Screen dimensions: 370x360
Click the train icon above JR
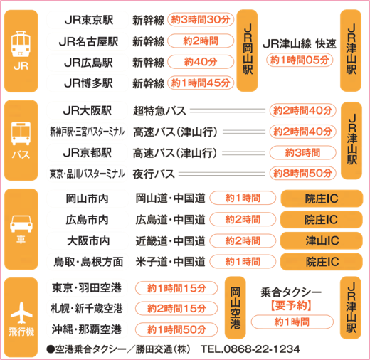click(x=21, y=44)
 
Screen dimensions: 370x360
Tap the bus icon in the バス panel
click(x=21, y=134)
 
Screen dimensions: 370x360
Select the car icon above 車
click(x=21, y=223)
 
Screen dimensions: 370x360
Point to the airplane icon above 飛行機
click(x=21, y=312)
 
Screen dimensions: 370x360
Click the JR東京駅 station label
click(x=88, y=20)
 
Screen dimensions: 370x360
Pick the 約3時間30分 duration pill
click(x=201, y=20)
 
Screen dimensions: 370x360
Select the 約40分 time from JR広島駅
click(x=201, y=62)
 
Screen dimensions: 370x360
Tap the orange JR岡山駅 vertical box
click(x=247, y=51)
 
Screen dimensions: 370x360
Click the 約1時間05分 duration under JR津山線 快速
click(x=300, y=60)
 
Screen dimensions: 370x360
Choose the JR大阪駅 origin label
click(x=88, y=111)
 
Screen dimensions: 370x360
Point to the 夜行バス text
click(x=154, y=174)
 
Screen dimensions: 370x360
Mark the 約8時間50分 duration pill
click(x=302, y=174)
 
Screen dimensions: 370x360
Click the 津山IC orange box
click(x=322, y=240)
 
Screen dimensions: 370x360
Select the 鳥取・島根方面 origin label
click(x=88, y=262)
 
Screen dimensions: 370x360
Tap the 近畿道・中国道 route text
click(x=170, y=241)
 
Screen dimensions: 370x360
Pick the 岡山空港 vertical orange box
click(x=235, y=308)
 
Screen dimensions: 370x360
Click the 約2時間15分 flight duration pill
click(x=176, y=309)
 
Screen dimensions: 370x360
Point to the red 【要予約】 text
click(x=291, y=305)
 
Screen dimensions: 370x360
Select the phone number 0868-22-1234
click(x=261, y=349)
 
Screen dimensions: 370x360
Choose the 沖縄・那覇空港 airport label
click(x=87, y=329)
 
